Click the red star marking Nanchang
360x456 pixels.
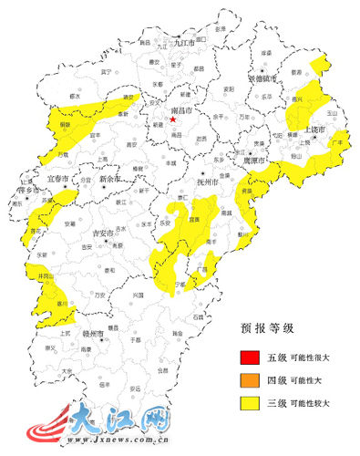coord(172,119)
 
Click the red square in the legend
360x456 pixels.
coord(246,356)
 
